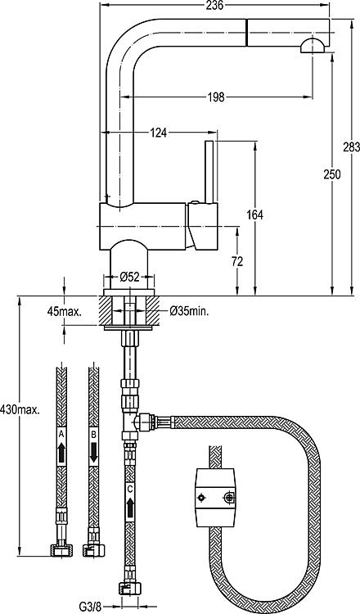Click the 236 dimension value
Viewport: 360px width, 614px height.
(x=214, y=5)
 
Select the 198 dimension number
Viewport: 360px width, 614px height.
(x=216, y=97)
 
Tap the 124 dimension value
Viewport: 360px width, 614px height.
(x=159, y=133)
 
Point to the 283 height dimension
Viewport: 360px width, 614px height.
(x=351, y=147)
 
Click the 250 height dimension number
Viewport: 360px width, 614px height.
(x=332, y=174)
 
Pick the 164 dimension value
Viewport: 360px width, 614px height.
(x=255, y=214)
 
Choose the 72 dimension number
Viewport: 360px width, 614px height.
(x=236, y=261)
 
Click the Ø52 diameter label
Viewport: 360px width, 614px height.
(x=129, y=278)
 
